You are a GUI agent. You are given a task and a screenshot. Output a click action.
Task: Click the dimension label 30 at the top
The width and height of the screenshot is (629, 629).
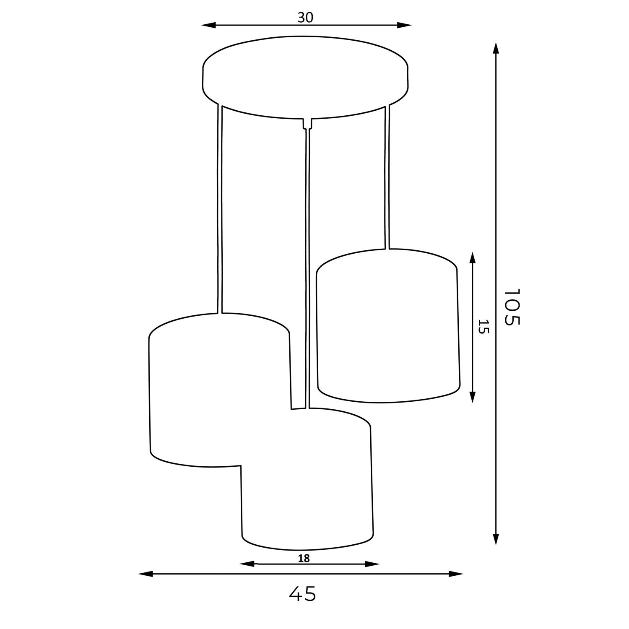click(305, 17)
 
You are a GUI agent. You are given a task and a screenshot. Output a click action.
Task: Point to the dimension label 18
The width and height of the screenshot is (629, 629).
click(304, 558)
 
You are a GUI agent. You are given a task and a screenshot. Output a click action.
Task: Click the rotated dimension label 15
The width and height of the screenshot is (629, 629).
click(483, 327)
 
